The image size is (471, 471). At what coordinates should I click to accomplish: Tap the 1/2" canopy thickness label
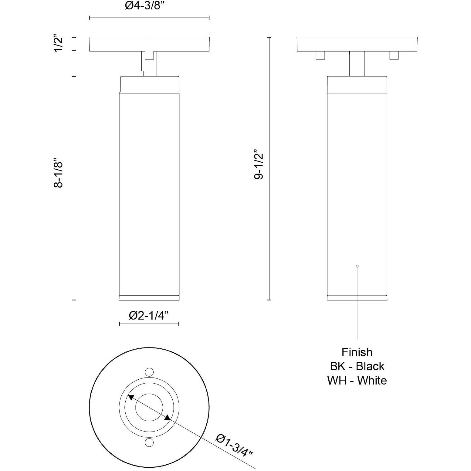(x=58, y=44)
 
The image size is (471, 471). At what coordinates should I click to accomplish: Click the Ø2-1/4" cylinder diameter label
(x=149, y=316)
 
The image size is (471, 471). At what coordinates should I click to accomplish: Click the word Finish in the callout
(x=357, y=352)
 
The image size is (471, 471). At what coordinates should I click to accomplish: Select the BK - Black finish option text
(x=357, y=366)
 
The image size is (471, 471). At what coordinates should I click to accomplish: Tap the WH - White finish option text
(x=357, y=380)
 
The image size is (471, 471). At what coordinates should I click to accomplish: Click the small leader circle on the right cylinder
(x=357, y=266)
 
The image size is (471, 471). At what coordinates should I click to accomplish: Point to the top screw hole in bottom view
(x=149, y=372)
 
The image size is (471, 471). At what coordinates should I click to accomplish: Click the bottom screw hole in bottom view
(x=149, y=443)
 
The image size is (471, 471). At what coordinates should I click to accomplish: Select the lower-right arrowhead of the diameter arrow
(x=167, y=418)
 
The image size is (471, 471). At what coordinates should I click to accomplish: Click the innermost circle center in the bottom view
(x=149, y=408)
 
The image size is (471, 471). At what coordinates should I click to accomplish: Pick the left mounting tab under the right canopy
(x=320, y=55)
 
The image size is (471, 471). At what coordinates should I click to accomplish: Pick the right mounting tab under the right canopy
(x=394, y=55)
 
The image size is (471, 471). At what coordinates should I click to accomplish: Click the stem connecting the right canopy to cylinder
(x=357, y=64)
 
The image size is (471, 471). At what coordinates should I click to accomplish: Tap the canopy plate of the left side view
(x=149, y=44)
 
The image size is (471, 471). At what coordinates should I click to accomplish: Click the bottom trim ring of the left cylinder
(x=149, y=298)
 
